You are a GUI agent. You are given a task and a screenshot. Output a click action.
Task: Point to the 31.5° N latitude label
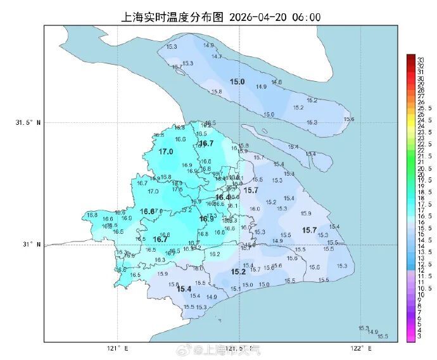[28, 122]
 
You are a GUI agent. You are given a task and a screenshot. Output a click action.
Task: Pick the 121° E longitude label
[117, 348]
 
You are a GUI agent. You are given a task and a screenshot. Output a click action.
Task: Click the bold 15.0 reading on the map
[237, 82]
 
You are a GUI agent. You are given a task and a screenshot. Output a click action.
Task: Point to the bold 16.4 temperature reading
[223, 197]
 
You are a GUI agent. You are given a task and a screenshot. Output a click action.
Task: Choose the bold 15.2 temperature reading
[238, 271]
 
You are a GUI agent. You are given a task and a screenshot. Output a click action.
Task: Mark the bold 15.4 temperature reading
[184, 289]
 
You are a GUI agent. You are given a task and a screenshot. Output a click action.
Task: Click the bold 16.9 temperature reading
[206, 219]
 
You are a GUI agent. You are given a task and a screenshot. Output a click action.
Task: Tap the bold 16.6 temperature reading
[147, 211]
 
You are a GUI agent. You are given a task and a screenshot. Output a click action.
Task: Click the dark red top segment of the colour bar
[410, 58]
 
